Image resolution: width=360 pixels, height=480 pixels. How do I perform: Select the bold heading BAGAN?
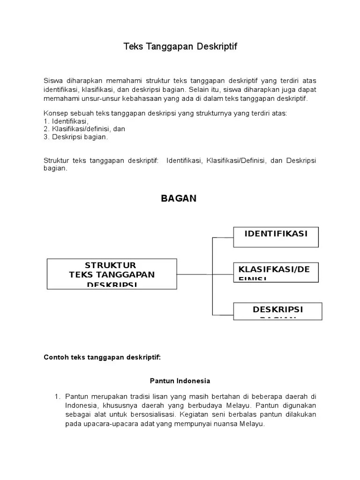click(x=179, y=199)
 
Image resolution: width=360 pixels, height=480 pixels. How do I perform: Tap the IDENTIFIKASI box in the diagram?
click(x=276, y=237)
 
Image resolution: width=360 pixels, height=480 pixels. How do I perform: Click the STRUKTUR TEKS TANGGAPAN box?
click(x=112, y=274)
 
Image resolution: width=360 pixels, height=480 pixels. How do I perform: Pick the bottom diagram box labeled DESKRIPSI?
click(x=277, y=311)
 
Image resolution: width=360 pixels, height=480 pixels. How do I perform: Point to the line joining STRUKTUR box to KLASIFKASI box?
click(x=205, y=274)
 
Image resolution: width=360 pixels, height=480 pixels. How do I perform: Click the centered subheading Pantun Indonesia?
click(x=180, y=381)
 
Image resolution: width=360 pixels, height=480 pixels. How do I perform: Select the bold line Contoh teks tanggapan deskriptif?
click(x=102, y=357)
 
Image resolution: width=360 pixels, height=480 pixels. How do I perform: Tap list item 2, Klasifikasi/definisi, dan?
click(x=84, y=129)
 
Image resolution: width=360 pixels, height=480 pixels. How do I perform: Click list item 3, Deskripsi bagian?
click(x=76, y=137)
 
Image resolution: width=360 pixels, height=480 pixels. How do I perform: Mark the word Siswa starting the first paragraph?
click(x=52, y=81)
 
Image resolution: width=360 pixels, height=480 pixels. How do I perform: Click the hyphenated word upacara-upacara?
click(x=104, y=424)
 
